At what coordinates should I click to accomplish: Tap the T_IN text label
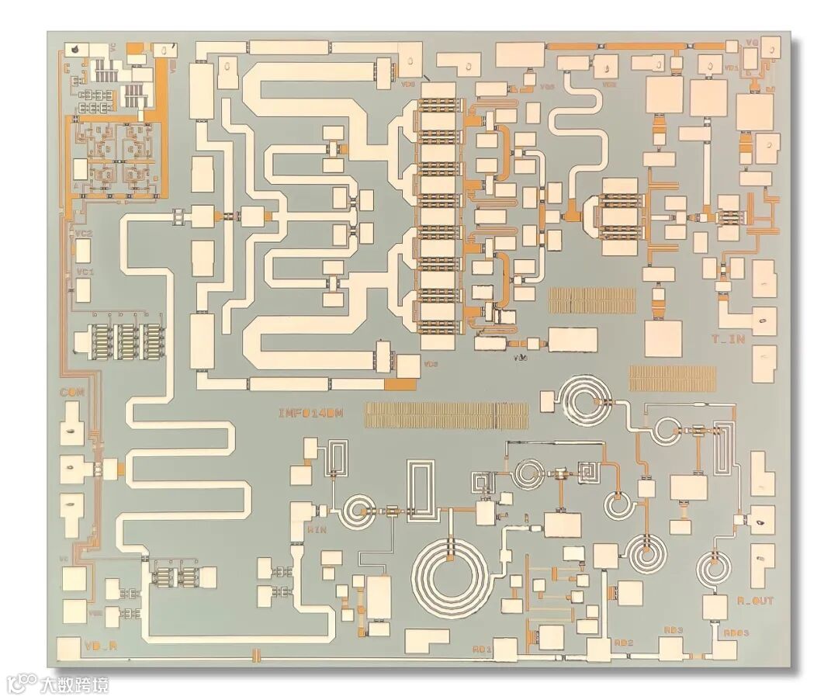[728, 338]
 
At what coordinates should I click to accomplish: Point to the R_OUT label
[755, 601]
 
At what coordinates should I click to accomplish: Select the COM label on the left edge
[71, 393]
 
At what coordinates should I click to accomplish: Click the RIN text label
[316, 530]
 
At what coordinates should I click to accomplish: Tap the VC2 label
[84, 233]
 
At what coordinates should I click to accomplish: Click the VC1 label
[85, 272]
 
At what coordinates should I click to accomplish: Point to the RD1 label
[483, 648]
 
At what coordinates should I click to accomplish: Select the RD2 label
[624, 643]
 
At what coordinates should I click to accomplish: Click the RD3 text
[672, 630]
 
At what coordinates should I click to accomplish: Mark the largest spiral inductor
[452, 575]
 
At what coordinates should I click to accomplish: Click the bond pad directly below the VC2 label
[84, 251]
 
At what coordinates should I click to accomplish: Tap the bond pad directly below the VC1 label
[84, 290]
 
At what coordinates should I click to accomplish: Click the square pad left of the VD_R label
[71, 647]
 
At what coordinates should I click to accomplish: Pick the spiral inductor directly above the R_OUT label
[713, 568]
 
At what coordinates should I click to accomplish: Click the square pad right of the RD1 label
[505, 649]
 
